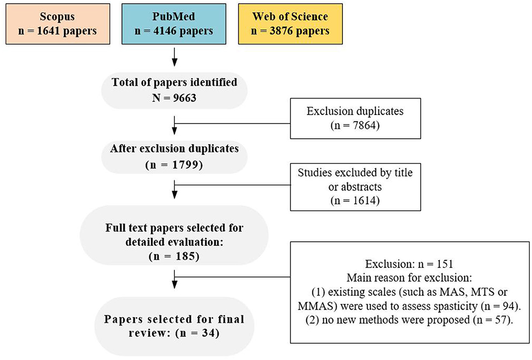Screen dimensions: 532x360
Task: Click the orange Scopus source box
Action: tap(58, 24)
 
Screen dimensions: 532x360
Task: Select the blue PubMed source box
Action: tap(174, 24)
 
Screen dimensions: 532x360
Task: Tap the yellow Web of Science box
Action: tap(290, 24)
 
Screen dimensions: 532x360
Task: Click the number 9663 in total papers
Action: tap(184, 98)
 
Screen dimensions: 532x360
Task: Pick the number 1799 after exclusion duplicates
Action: tap(184, 164)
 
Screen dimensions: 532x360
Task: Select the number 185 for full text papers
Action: tap(184, 256)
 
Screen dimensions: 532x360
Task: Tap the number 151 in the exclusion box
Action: tap(444, 264)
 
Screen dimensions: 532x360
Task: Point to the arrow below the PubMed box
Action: tap(174, 57)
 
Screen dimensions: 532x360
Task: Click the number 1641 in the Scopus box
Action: tap(49, 31)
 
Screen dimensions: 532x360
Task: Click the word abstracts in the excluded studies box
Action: tap(361, 187)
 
